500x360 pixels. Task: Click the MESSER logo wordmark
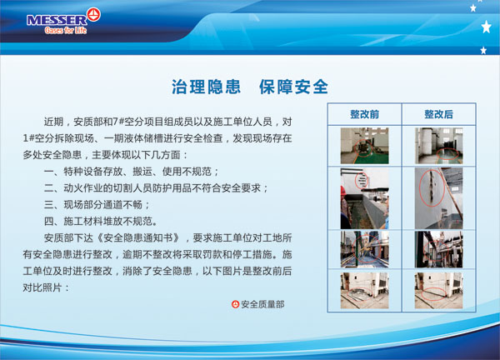57,20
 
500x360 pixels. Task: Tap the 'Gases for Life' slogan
66,30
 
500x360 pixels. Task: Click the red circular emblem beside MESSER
93,14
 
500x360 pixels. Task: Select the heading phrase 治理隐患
206,87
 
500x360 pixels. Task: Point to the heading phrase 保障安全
293,87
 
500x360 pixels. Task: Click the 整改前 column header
364,114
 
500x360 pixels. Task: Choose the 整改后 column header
439,114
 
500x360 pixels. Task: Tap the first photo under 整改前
364,146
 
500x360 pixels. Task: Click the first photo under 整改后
439,146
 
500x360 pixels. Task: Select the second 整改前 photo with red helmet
364,198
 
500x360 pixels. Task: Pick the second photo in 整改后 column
439,198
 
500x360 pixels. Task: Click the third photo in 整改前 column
364,249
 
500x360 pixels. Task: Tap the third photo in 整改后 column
439,249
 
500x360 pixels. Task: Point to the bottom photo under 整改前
364,290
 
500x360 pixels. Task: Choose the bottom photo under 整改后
439,290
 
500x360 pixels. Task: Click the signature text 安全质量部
262,304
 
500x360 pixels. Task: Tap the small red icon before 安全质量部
235,304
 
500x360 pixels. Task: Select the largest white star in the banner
487,27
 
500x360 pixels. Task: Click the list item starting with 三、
97,205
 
